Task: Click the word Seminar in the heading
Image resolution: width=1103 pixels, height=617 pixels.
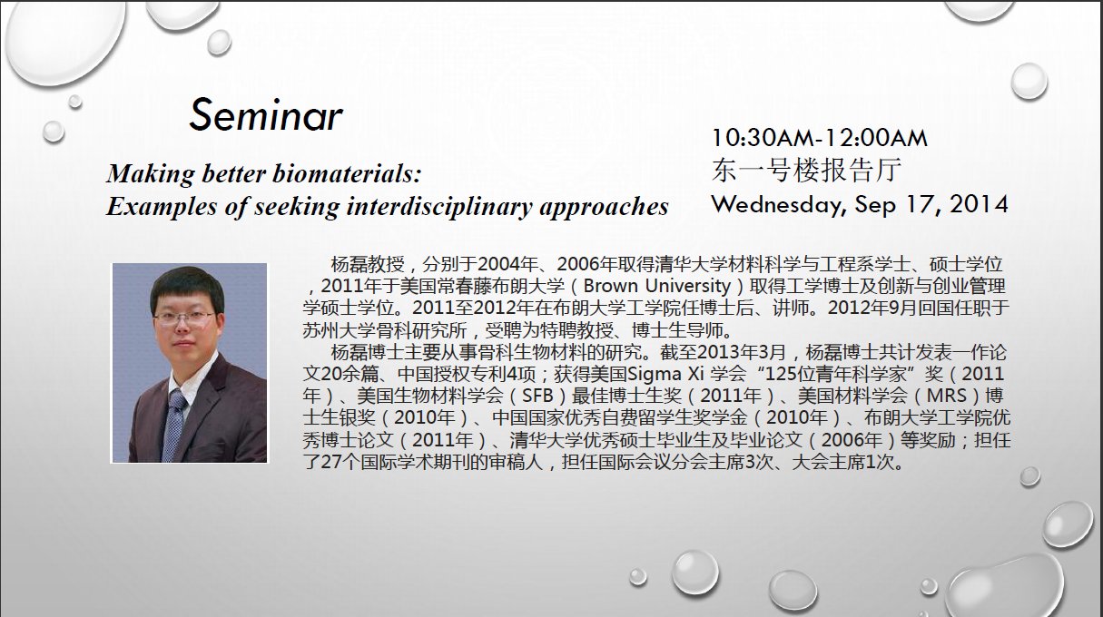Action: coord(266,114)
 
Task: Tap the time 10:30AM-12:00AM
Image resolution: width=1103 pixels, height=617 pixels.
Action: coord(820,138)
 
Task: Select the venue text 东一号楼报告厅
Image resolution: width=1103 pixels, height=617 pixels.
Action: coord(806,170)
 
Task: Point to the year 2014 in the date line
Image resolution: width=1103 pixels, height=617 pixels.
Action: coord(979,204)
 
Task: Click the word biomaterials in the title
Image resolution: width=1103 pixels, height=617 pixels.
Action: coord(347,173)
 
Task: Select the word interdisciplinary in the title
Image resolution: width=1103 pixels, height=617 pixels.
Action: coord(439,207)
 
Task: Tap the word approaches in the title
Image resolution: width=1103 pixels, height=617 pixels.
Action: coord(605,208)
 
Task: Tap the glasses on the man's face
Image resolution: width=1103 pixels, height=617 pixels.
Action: coord(184,318)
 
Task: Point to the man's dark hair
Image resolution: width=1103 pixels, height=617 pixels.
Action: coord(187,286)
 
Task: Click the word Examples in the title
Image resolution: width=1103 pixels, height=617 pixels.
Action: coord(162,207)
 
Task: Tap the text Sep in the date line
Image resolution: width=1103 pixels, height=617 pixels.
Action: coord(874,205)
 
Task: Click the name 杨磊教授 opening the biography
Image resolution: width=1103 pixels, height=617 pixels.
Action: coord(368,264)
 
